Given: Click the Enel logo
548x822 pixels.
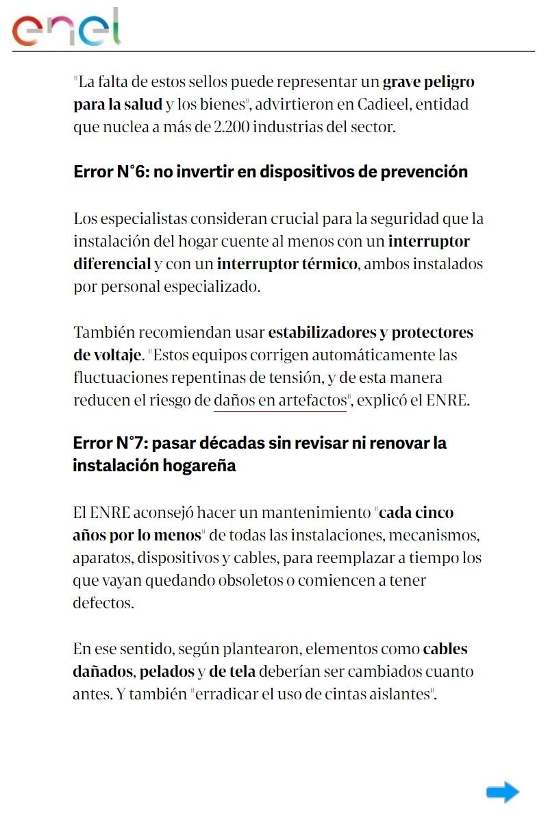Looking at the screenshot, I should click(66, 27).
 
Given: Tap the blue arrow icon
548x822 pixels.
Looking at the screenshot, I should click(503, 792).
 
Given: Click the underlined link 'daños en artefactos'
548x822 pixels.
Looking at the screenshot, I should click(280, 401).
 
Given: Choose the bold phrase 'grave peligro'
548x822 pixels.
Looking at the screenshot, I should click(428, 83).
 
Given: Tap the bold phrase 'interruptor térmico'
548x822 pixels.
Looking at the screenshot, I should click(287, 264).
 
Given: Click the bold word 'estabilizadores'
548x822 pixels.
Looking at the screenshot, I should click(321, 333).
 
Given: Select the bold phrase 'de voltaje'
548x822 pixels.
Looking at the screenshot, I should click(107, 356).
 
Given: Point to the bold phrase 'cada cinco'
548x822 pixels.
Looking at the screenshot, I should click(416, 512).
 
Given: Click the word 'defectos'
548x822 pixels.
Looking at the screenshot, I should click(103, 603).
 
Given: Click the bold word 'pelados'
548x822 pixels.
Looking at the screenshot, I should click(167, 672).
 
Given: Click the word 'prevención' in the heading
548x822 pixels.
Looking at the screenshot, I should click(427, 172).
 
